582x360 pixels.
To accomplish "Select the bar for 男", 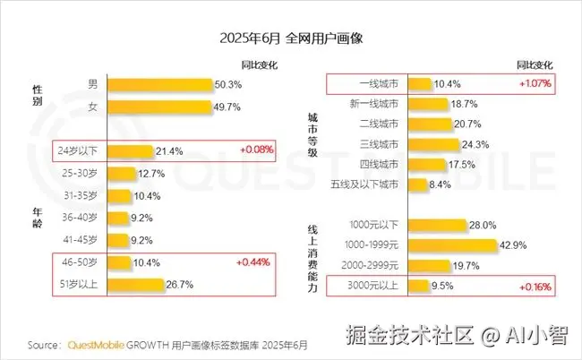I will tap(160, 85).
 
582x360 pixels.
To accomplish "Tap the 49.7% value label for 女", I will tap(229, 107).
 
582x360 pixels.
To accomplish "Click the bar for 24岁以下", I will tap(129, 150).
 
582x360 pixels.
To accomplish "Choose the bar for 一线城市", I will tap(418, 84).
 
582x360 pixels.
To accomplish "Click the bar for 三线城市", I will tap(432, 143).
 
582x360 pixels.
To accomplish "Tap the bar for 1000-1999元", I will tap(451, 245).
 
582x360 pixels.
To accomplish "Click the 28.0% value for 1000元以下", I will tap(482, 225).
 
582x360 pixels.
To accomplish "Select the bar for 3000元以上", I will tap(417, 287).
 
